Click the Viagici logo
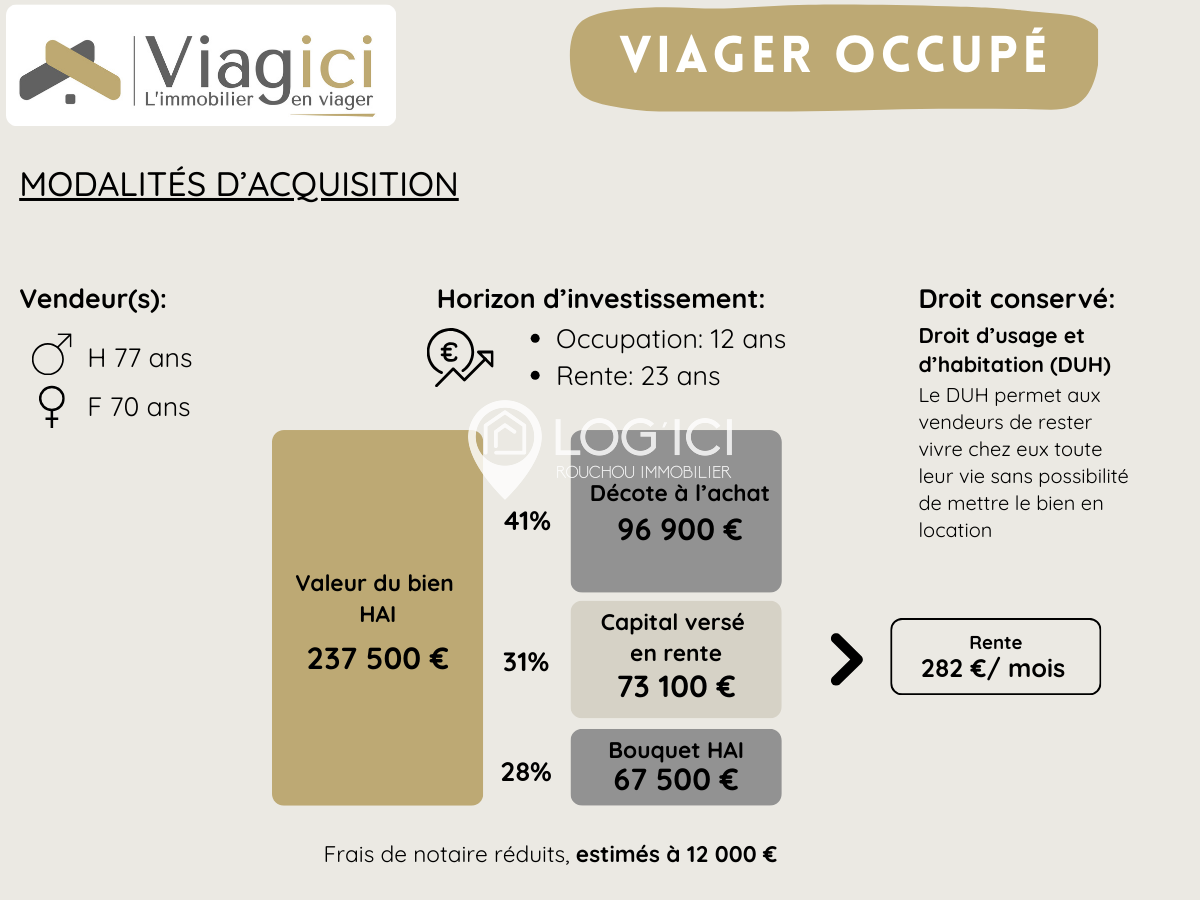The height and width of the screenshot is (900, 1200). (x=200, y=66)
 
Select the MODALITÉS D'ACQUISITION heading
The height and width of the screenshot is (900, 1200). (x=239, y=185)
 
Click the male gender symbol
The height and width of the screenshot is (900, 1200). (x=52, y=355)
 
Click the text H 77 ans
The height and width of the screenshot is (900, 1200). (x=140, y=358)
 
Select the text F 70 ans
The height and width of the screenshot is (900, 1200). (x=139, y=408)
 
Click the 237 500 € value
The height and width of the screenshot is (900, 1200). (x=377, y=660)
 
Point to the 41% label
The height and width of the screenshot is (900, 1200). (x=527, y=521)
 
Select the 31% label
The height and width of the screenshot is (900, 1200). (x=526, y=662)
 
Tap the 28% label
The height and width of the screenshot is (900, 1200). (x=527, y=772)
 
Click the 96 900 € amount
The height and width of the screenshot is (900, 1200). (x=680, y=530)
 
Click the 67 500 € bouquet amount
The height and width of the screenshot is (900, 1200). (x=676, y=780)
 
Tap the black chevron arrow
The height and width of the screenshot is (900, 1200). (x=846, y=660)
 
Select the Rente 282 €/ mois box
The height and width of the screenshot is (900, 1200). (x=995, y=657)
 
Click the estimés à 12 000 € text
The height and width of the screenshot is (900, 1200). (x=677, y=855)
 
